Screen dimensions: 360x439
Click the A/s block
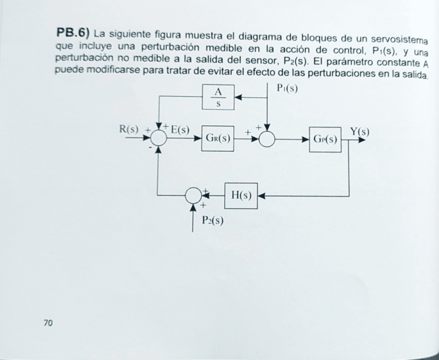pos(218,96)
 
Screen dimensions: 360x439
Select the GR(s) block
pos(218,139)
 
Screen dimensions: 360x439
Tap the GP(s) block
pos(326,140)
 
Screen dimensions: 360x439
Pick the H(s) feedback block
pos(241,196)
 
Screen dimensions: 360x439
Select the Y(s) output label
pos(359,131)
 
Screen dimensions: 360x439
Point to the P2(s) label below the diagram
pos(212,221)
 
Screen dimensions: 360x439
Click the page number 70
pos(48,323)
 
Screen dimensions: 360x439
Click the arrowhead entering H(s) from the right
pos(261,196)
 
